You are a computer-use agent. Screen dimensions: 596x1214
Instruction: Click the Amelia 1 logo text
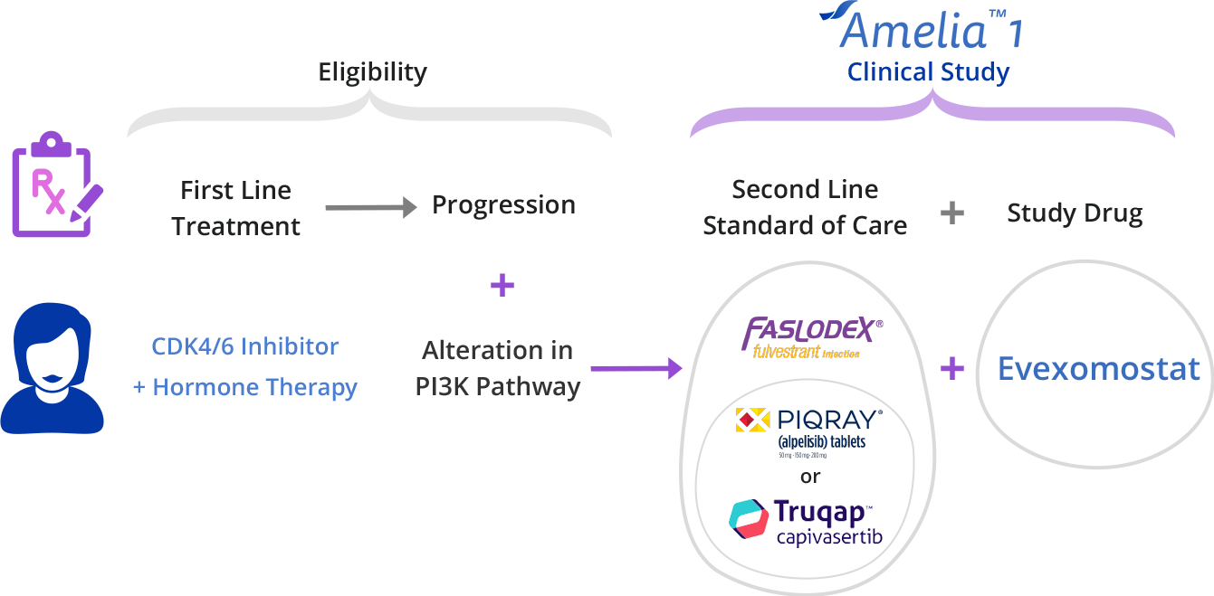coord(923,29)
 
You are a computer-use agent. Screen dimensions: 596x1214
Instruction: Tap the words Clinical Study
coord(928,72)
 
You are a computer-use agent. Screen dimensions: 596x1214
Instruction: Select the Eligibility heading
coord(372,72)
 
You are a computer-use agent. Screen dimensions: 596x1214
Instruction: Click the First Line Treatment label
coord(235,208)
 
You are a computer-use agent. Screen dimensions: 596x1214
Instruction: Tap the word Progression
coord(503,205)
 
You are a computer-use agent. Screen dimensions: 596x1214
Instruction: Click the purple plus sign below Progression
coord(502,286)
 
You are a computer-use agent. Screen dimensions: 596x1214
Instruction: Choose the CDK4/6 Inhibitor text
coord(244,346)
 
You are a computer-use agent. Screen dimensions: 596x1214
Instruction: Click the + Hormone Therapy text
coord(244,388)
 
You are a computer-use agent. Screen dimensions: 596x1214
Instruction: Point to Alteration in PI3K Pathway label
coord(498,368)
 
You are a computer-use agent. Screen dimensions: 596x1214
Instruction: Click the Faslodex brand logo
coord(811,336)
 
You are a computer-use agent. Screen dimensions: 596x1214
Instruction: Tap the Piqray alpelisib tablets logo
coord(808,432)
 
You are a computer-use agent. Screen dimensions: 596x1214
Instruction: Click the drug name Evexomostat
coord(1098,369)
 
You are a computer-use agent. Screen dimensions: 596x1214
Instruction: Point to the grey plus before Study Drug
coord(951,213)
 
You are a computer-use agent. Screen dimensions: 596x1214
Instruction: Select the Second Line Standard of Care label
coord(805,208)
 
